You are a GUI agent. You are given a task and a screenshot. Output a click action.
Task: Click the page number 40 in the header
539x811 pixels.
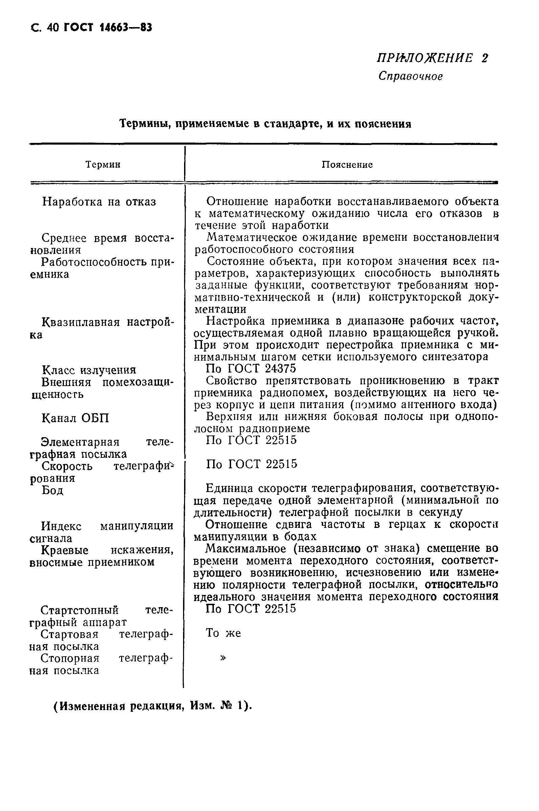click(x=53, y=27)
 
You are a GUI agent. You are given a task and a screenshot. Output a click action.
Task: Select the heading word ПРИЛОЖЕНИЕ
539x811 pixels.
click(x=425, y=58)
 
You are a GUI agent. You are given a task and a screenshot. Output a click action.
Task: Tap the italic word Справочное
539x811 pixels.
click(x=410, y=76)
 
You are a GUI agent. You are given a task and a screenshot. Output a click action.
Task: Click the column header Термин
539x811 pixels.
click(x=103, y=165)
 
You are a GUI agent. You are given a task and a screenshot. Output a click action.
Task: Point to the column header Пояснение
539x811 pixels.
click(x=347, y=165)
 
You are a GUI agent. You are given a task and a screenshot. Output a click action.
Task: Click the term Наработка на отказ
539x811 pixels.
click(x=99, y=202)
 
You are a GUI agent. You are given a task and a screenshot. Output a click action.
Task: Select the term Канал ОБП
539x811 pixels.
click(x=75, y=419)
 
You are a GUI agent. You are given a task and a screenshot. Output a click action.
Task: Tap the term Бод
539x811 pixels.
click(x=52, y=490)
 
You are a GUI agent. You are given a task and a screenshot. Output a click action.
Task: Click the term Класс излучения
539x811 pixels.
click(x=89, y=370)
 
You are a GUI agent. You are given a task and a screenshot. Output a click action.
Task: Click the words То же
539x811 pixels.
click(x=223, y=633)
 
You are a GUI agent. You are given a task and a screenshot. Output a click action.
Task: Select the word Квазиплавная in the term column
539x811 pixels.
click(x=81, y=323)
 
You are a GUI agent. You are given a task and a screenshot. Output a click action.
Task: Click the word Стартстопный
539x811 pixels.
click(x=80, y=610)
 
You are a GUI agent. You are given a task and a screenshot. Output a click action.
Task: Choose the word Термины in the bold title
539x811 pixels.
click(x=144, y=124)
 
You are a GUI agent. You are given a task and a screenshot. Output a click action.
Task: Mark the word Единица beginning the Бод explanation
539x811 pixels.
click(x=229, y=488)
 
